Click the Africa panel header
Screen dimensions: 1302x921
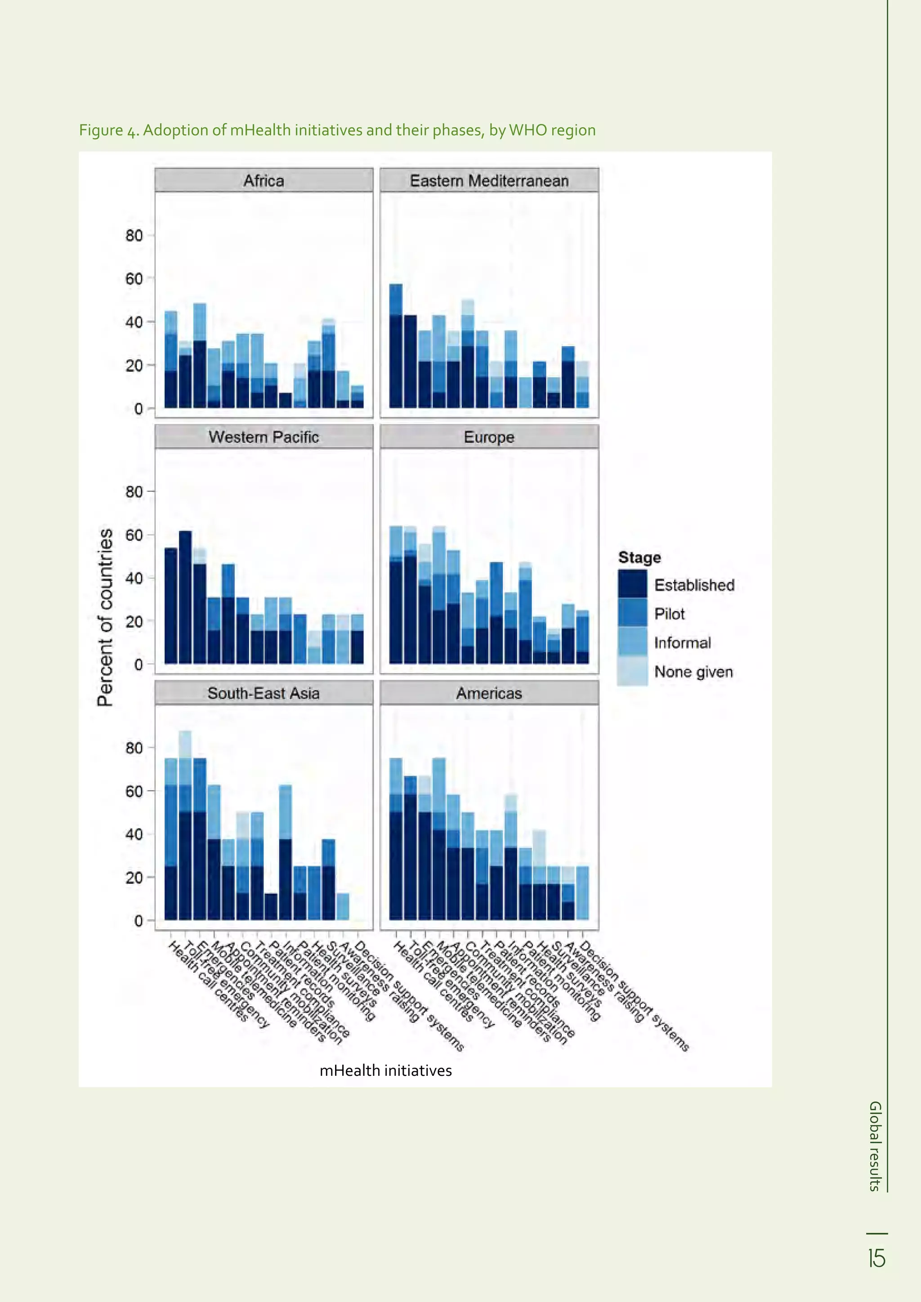[x=264, y=180]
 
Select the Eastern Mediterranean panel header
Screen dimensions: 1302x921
[x=489, y=180]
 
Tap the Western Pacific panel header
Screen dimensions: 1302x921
[x=264, y=437]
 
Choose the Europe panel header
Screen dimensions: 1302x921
[x=489, y=437]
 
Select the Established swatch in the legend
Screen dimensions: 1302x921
[x=632, y=584]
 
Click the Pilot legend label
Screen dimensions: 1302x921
[x=669, y=614]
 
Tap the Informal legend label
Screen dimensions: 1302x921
[x=682, y=642]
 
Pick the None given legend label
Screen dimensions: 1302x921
[x=693, y=672]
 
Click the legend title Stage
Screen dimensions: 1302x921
[x=639, y=557]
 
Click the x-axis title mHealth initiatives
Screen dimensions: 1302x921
[x=386, y=1070]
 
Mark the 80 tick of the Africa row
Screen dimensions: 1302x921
[x=134, y=235]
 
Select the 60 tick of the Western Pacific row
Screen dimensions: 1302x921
[x=134, y=535]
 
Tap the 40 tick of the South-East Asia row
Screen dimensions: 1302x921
[x=134, y=834]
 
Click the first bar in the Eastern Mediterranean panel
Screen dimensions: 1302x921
[x=396, y=346]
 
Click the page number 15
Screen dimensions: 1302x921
[x=877, y=1258]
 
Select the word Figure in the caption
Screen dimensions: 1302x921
[x=101, y=130]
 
